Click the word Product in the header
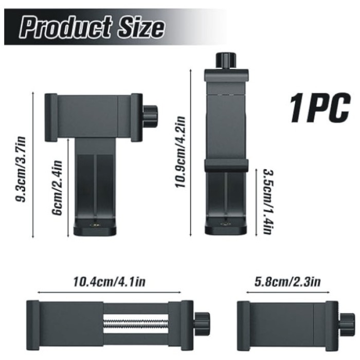(66, 27)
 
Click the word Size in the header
(141, 28)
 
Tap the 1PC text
(320, 107)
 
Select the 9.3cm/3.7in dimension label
(21, 169)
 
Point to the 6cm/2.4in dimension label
(57, 188)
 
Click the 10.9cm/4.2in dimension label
(180, 152)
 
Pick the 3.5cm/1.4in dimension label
(268, 202)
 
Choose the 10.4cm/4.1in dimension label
(109, 281)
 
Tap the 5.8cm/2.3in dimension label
(287, 281)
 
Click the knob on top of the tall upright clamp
(226, 60)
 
